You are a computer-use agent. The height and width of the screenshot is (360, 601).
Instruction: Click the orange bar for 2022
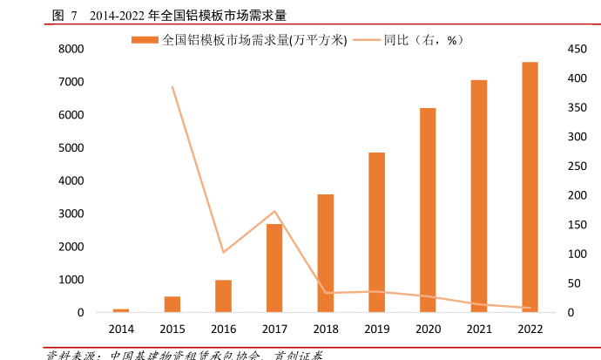point(530,187)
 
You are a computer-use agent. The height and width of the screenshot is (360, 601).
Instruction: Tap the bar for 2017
point(274,268)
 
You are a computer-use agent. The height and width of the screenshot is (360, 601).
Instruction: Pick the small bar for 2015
point(172,304)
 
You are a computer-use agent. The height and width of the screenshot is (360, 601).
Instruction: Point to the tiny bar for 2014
point(121,310)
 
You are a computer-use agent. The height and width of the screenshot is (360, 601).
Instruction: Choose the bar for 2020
point(427,210)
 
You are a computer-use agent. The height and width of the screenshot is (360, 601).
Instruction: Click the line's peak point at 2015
point(172,86)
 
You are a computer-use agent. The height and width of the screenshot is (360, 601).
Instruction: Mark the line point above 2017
point(274,211)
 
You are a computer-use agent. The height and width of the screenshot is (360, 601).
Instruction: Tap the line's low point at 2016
point(223,253)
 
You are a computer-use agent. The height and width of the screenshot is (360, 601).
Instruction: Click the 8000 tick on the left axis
point(71,49)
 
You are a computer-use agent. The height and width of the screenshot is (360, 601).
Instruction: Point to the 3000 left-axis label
point(71,214)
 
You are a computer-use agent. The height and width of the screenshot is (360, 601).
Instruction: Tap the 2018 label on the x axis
point(326,329)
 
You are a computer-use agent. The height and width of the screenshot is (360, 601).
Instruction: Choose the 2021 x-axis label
point(479,329)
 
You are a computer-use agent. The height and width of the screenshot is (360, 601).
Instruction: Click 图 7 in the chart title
point(64,16)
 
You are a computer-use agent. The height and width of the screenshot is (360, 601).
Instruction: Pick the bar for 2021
point(479,196)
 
